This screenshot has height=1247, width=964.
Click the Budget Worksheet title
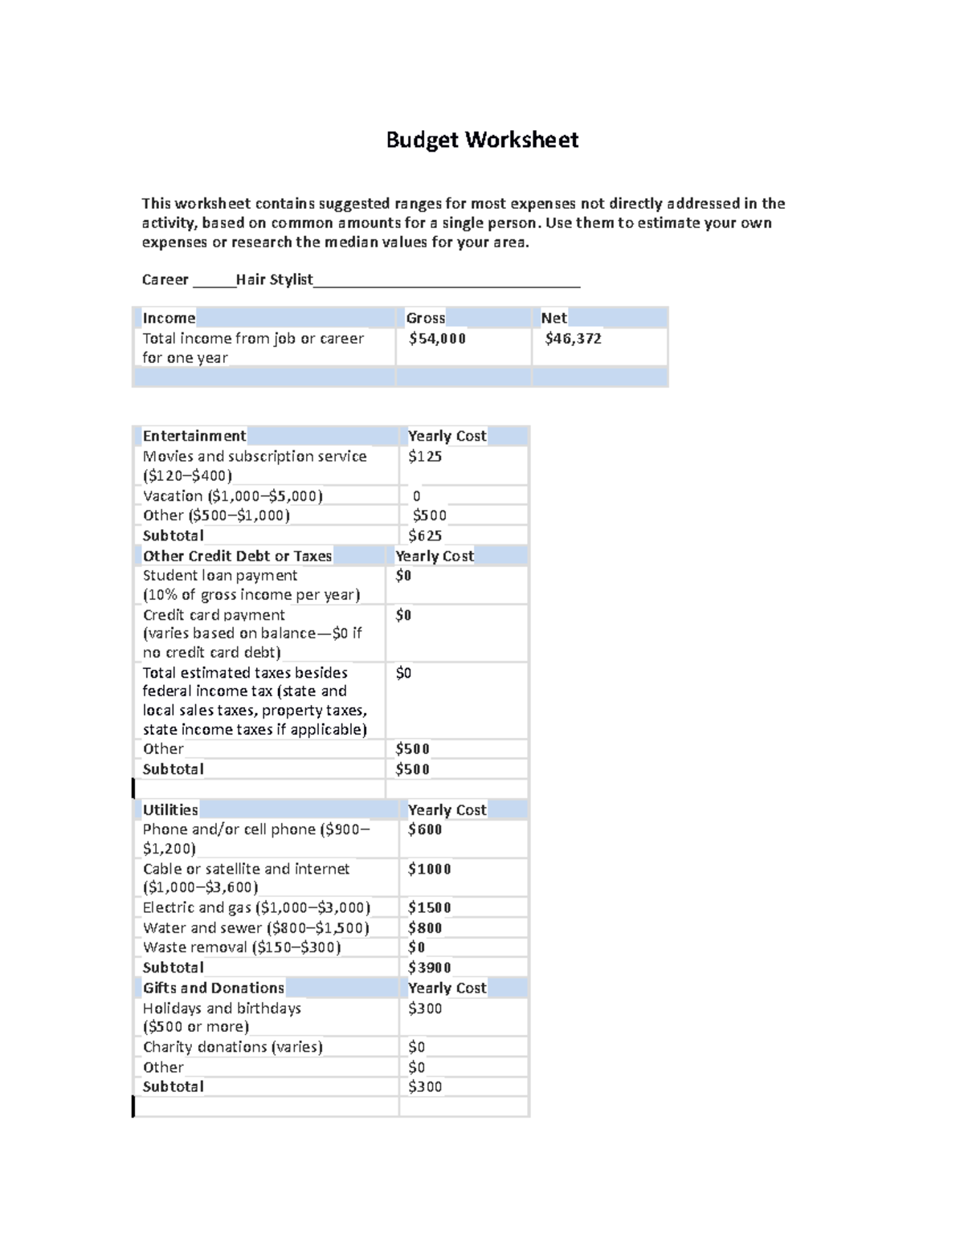pyautogui.click(x=482, y=140)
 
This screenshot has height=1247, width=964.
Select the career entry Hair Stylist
pyautogui.click(x=274, y=279)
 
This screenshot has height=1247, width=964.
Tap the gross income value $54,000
pyautogui.click(x=437, y=339)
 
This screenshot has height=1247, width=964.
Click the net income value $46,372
pyautogui.click(x=573, y=339)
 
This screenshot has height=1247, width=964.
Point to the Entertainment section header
pyautogui.click(x=194, y=436)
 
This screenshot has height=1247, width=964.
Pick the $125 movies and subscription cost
pyautogui.click(x=425, y=456)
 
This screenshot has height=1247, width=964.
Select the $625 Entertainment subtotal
pyautogui.click(x=425, y=536)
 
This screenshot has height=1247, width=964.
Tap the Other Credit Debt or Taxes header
pyautogui.click(x=237, y=556)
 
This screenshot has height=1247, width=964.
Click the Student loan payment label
pyautogui.click(x=220, y=576)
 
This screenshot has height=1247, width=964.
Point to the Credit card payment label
pyautogui.click(x=214, y=615)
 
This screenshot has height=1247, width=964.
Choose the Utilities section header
pyautogui.click(x=170, y=809)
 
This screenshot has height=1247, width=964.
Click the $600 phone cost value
pyautogui.click(x=425, y=829)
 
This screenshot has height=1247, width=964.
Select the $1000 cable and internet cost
pyautogui.click(x=430, y=869)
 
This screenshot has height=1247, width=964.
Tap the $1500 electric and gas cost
pyautogui.click(x=430, y=907)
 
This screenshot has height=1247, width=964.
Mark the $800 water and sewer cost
pyautogui.click(x=425, y=927)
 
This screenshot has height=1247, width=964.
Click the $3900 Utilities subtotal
pyautogui.click(x=430, y=968)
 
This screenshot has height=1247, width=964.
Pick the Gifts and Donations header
pyautogui.click(x=214, y=988)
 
